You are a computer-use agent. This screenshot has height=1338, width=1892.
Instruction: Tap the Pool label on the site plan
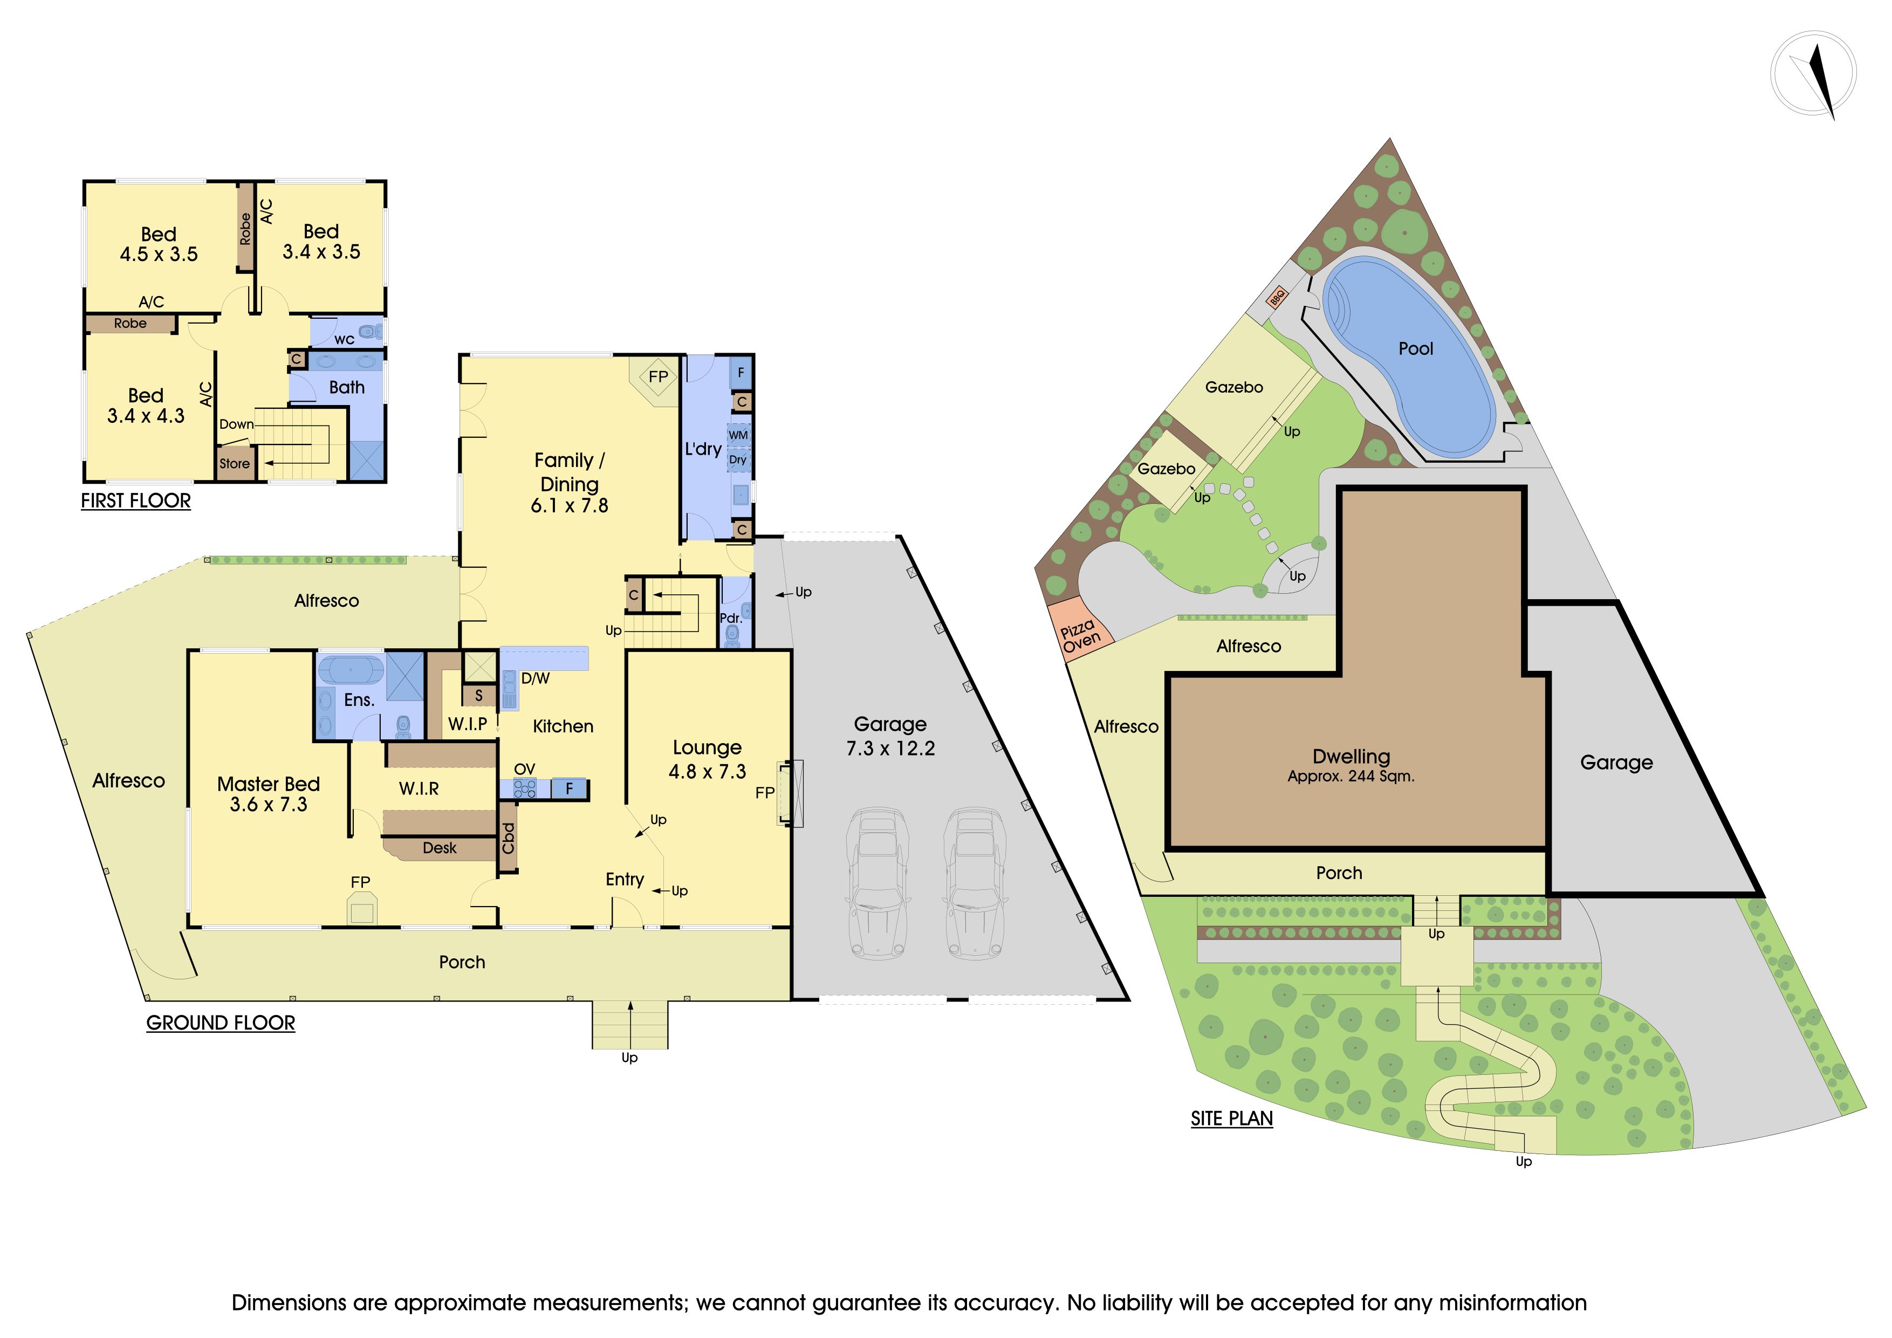[x=1416, y=348]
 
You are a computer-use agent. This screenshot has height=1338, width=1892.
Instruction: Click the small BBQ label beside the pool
[x=1277, y=297]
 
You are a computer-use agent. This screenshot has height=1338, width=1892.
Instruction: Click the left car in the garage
[x=879, y=883]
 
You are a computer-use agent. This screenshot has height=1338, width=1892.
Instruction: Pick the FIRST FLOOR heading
[x=136, y=501]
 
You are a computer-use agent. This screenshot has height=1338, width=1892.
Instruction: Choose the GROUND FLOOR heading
[x=221, y=1023]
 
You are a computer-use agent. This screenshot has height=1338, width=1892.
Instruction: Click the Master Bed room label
[x=269, y=784]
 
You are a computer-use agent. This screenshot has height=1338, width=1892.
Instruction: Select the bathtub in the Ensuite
[x=350, y=669]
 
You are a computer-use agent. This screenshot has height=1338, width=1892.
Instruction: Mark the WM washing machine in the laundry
[x=738, y=435]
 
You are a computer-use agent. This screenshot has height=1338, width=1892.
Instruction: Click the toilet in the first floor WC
[x=374, y=332]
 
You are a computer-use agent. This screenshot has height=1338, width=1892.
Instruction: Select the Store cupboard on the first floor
[x=235, y=463]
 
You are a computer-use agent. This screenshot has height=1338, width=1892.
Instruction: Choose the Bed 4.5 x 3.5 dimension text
[x=159, y=254]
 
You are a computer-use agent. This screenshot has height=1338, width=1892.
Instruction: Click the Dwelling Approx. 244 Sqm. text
[x=1352, y=765]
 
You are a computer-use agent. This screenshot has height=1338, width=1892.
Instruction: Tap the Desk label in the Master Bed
[x=439, y=848]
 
